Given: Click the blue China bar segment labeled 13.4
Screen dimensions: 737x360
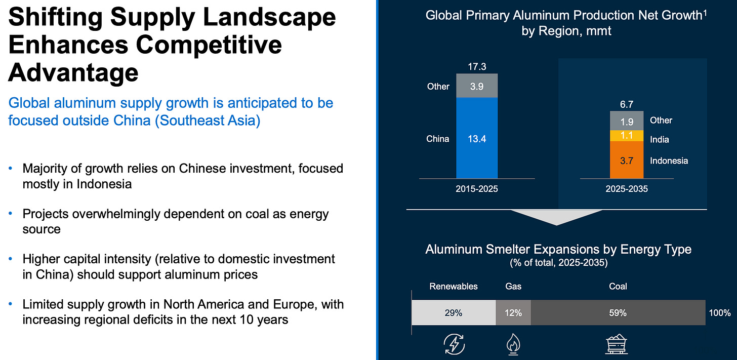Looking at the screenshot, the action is (x=477, y=138).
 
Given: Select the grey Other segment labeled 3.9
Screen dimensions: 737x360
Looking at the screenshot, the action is (x=477, y=86).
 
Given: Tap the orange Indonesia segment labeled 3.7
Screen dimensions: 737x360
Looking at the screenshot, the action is (x=627, y=160).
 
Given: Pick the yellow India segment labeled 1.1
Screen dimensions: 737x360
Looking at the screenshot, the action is (x=627, y=136).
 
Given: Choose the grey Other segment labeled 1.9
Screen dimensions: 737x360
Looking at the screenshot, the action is (x=627, y=121).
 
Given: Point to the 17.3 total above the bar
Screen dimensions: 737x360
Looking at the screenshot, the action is (x=477, y=66).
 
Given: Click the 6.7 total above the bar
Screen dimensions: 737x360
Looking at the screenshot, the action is (x=627, y=104).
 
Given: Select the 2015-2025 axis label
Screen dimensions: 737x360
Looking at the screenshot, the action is (x=477, y=189).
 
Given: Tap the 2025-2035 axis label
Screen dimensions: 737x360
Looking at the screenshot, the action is (x=627, y=189).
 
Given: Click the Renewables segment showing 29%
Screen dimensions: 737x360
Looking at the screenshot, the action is (x=454, y=312).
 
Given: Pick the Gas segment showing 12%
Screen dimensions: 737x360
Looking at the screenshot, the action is (x=513, y=312).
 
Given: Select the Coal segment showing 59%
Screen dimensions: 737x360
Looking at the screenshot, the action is (x=618, y=312).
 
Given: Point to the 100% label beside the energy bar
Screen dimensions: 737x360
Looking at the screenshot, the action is (x=720, y=312).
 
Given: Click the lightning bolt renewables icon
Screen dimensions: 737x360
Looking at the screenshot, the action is (x=454, y=344).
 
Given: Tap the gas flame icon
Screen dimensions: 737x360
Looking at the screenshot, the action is (x=513, y=344).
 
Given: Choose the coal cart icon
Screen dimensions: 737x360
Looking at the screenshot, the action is (x=616, y=344).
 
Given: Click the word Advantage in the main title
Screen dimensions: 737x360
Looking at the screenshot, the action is (x=73, y=73).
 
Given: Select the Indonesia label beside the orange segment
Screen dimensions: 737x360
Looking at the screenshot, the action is (x=669, y=161).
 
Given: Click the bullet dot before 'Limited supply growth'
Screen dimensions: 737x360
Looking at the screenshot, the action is (x=11, y=304).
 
